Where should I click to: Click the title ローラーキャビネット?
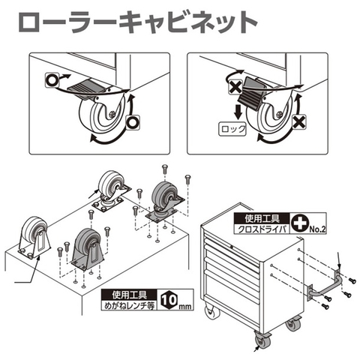(x=138, y=22)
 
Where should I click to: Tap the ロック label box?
(x=232, y=129)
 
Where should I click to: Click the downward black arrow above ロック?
(x=238, y=112)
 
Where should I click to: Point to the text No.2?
(x=317, y=229)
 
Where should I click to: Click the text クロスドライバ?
(x=262, y=229)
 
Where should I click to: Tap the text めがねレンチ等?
(x=129, y=305)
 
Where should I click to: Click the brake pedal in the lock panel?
(x=250, y=92)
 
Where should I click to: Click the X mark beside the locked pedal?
(x=235, y=87)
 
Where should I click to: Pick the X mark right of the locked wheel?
(x=299, y=122)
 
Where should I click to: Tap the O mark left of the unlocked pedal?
(x=52, y=80)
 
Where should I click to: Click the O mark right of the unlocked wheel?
(x=133, y=122)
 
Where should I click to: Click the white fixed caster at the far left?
(x=34, y=238)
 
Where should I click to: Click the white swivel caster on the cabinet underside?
(x=112, y=193)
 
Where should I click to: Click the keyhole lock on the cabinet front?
(x=232, y=247)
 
